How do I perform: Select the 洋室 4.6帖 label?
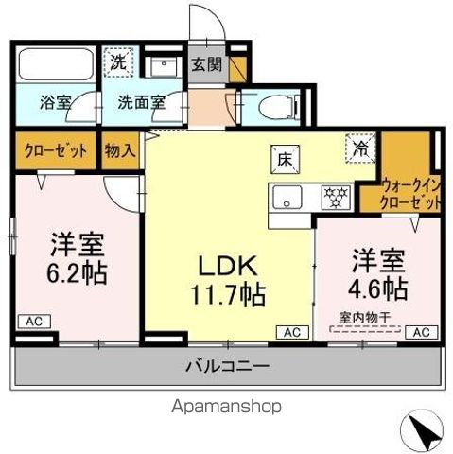(380, 271)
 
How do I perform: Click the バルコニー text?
(226, 364)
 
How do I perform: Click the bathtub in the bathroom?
(55, 66)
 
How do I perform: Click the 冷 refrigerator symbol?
(359, 148)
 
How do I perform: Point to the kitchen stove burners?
(335, 198)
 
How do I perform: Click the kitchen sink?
(287, 198)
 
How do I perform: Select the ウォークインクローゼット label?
(410, 195)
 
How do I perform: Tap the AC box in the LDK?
(292, 332)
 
